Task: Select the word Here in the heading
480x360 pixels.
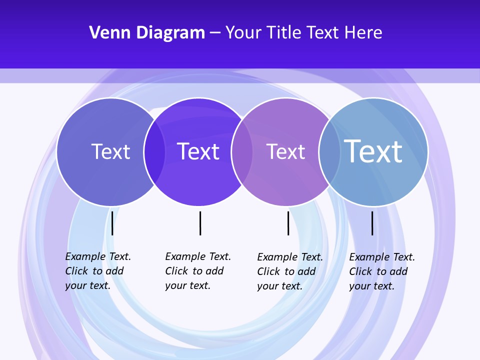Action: click(x=363, y=33)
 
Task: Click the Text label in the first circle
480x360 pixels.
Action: click(x=110, y=151)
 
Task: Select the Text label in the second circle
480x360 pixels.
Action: click(x=198, y=151)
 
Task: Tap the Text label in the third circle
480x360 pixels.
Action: click(x=285, y=151)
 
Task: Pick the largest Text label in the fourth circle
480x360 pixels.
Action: click(x=373, y=151)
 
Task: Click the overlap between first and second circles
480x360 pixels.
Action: click(x=154, y=152)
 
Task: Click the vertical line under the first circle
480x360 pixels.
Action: click(x=112, y=223)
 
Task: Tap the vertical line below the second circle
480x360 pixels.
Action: click(x=200, y=223)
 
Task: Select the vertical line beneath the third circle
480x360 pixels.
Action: click(x=288, y=223)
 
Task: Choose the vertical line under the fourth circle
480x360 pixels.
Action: click(x=372, y=223)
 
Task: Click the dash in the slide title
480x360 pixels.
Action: click(x=215, y=33)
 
